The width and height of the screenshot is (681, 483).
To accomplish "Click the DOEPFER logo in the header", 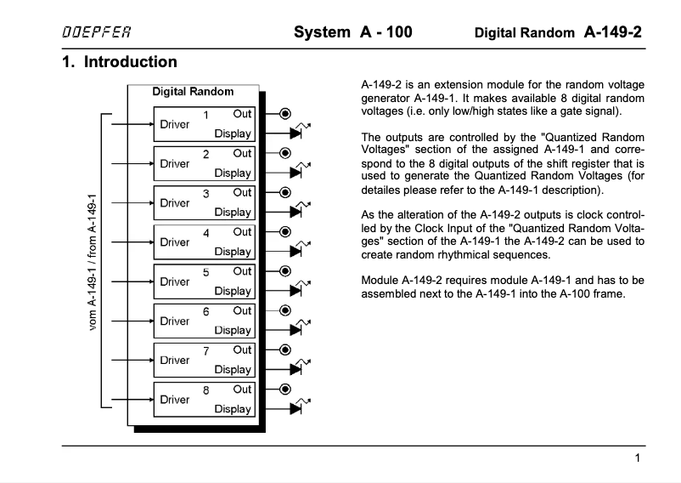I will (x=95, y=33).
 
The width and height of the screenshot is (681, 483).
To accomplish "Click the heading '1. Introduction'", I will (x=120, y=62).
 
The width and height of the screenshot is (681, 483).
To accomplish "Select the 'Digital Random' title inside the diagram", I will (x=193, y=91).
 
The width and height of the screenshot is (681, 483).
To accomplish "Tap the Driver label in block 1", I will (x=175, y=124).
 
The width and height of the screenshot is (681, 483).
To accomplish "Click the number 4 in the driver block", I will (x=205, y=232).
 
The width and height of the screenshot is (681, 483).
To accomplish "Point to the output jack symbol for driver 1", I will (x=286, y=113).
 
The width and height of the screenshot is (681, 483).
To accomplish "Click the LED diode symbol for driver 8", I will (x=296, y=408).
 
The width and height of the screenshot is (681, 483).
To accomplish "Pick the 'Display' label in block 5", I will (x=233, y=291).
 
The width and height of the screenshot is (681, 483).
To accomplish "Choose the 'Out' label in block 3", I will (x=243, y=192).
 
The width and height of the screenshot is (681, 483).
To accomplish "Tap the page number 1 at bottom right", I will (x=637, y=458).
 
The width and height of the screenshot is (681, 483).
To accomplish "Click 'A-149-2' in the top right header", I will (x=612, y=32).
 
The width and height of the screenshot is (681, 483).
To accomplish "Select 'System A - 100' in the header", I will (x=352, y=33).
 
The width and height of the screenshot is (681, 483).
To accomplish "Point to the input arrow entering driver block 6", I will (x=144, y=321).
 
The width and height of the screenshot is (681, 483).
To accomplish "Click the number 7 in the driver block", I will (x=205, y=350).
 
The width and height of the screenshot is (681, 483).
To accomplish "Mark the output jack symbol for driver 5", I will (x=286, y=270).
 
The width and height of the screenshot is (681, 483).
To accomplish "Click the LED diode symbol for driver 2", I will (x=296, y=173).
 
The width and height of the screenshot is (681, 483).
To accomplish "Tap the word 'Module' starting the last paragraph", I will (x=381, y=280).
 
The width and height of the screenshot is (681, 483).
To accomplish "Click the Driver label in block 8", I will (x=175, y=400).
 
